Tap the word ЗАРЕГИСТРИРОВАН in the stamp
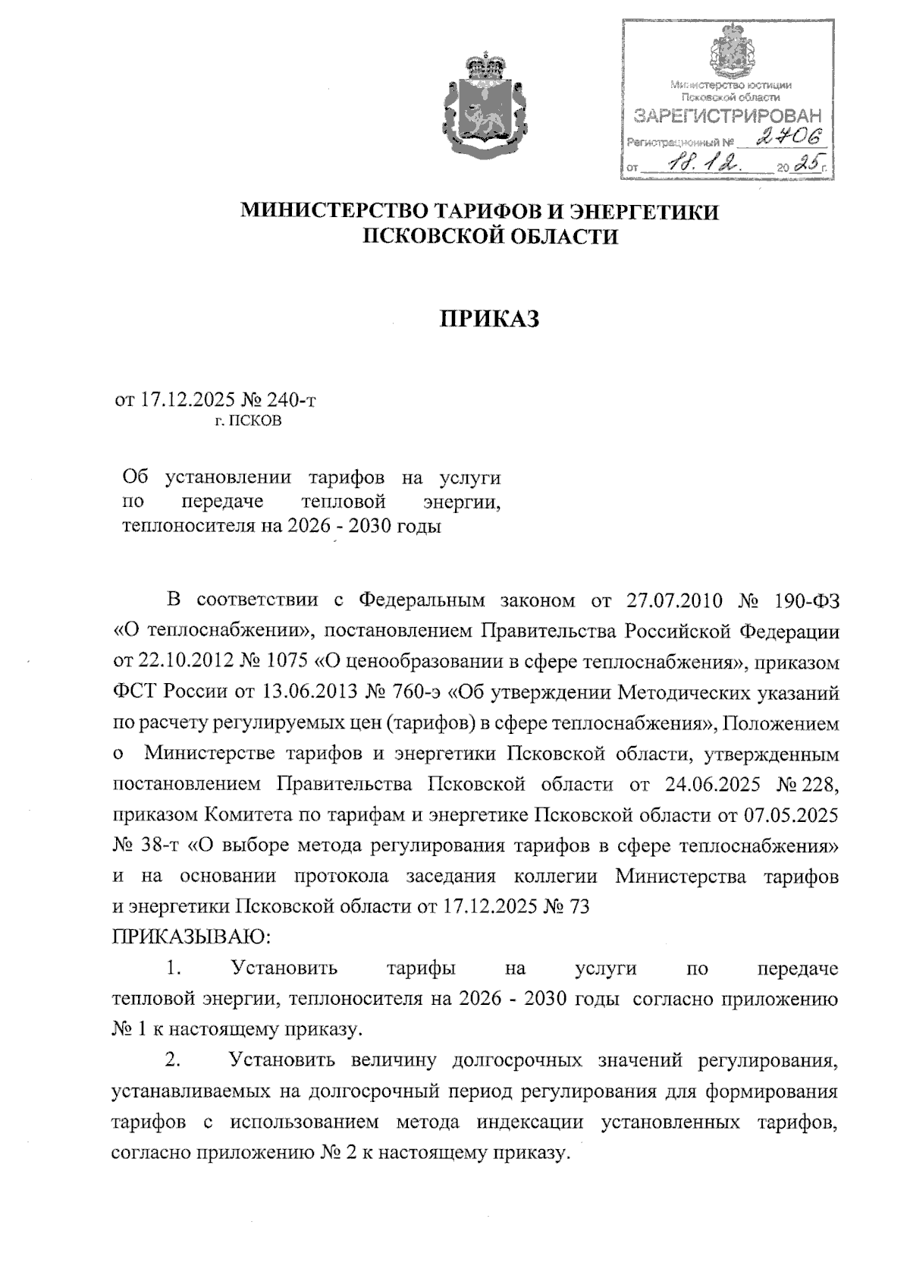point(726,117)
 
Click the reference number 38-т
point(156,846)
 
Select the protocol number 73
point(579,908)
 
